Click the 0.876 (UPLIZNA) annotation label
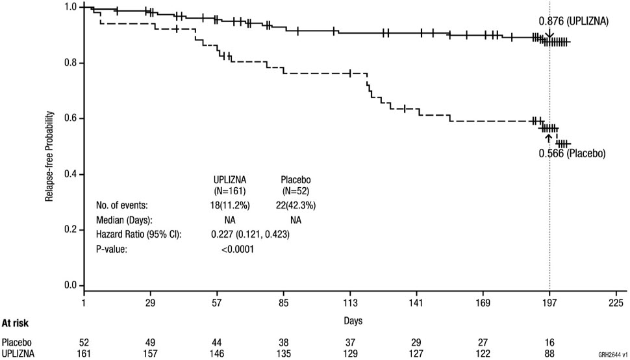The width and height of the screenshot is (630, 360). click(x=573, y=21)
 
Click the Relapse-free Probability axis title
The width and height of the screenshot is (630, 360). click(x=49, y=146)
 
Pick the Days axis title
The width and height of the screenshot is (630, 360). click(x=354, y=320)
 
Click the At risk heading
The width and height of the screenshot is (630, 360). click(x=15, y=323)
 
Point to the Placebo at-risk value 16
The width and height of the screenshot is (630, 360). click(x=549, y=342)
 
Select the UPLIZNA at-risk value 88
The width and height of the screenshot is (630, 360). click(x=549, y=354)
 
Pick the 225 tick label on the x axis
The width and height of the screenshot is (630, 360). click(x=616, y=302)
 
